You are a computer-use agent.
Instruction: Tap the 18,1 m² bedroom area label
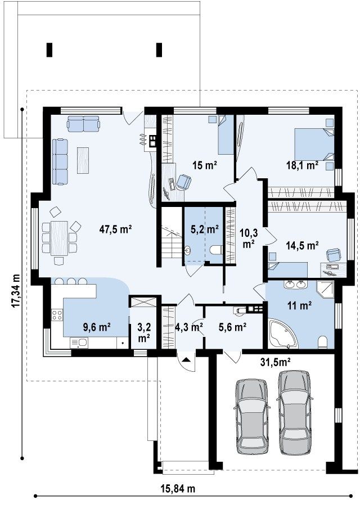(x=302, y=165)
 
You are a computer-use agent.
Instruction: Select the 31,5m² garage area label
(x=276, y=362)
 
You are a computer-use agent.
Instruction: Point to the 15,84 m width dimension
(x=178, y=488)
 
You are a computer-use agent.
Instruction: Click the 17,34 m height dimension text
(x=16, y=291)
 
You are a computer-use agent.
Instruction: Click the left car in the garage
(x=251, y=417)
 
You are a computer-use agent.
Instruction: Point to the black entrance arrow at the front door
(x=186, y=360)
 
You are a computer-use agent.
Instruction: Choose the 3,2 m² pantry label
(x=144, y=332)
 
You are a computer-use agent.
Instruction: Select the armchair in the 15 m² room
(x=183, y=181)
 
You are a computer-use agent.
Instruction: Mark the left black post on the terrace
(x=49, y=49)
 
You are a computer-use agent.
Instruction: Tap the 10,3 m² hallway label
(x=249, y=238)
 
